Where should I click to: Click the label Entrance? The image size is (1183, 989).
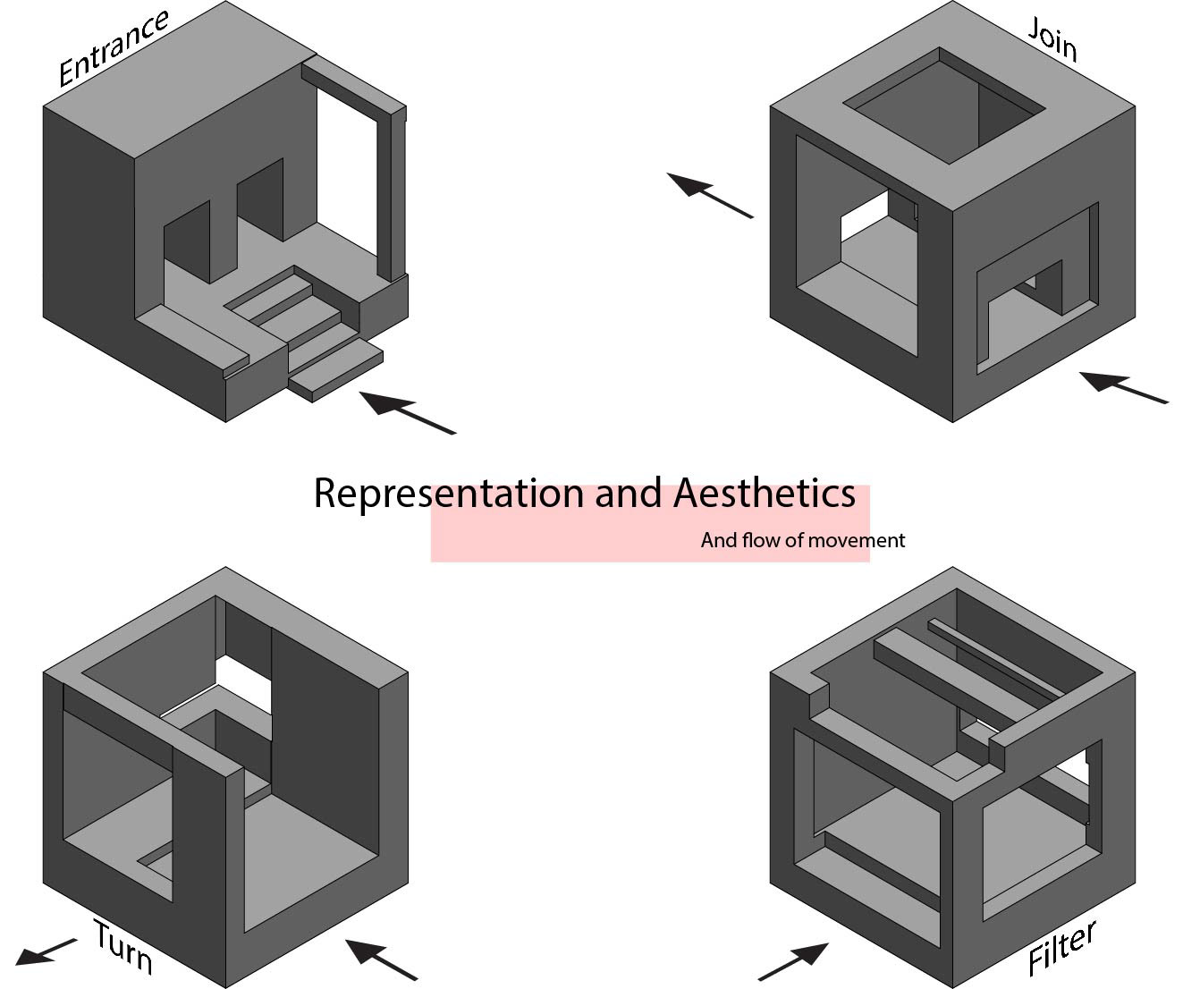(113, 49)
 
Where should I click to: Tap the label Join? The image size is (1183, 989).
(1052, 39)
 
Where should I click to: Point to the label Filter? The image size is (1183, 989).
(1061, 950)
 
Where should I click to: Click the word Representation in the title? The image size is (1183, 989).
(448, 493)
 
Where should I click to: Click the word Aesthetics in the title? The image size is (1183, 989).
(765, 493)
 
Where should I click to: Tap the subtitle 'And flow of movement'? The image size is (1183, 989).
(802, 540)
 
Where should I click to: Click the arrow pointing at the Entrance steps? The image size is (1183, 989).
(407, 412)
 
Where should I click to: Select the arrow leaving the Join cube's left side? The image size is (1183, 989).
(710, 195)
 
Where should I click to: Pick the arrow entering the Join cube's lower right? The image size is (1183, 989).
(1123, 387)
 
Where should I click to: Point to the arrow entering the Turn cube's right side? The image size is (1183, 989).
(381, 959)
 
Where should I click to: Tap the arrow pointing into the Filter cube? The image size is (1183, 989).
(793, 961)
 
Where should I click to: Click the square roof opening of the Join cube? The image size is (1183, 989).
(944, 106)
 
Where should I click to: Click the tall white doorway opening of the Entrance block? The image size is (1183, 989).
(350, 179)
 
